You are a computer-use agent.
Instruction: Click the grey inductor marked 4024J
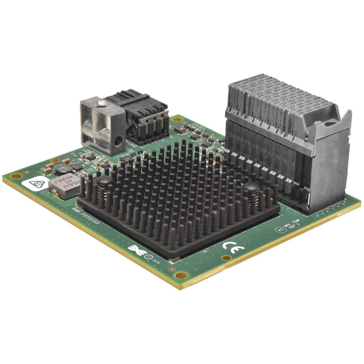[64, 186]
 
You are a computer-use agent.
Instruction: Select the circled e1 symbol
[281, 230]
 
